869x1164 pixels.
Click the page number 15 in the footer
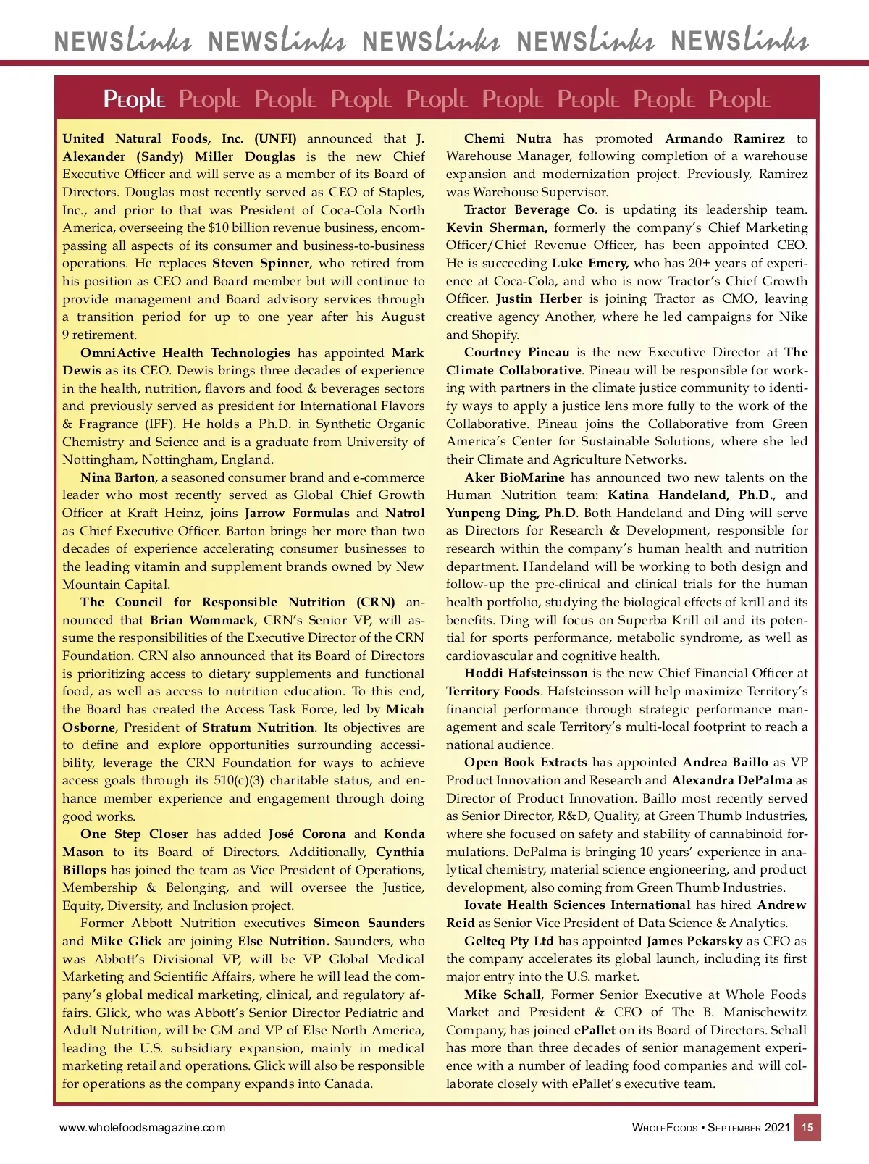coord(807,1128)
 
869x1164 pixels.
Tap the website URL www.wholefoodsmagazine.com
coord(142,1128)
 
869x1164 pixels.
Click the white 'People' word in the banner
coord(135,99)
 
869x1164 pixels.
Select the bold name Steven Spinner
coord(261,264)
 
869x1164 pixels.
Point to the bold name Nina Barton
coord(117,478)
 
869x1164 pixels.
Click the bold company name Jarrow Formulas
coord(297,514)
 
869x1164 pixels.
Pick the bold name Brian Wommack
coord(202,621)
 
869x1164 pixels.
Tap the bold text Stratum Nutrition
coord(259,728)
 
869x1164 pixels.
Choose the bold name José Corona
coord(307,834)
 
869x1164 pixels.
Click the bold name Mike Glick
coord(126,942)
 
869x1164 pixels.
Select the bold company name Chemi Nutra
coord(508,139)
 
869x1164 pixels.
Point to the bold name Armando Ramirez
coord(725,139)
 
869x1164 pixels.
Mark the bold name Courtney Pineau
coord(517,353)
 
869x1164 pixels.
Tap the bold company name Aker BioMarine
coord(515,478)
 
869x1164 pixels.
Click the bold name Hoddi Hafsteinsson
coord(526,674)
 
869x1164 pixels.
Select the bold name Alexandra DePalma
coord(732,781)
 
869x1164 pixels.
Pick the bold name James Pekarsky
coord(694,942)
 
